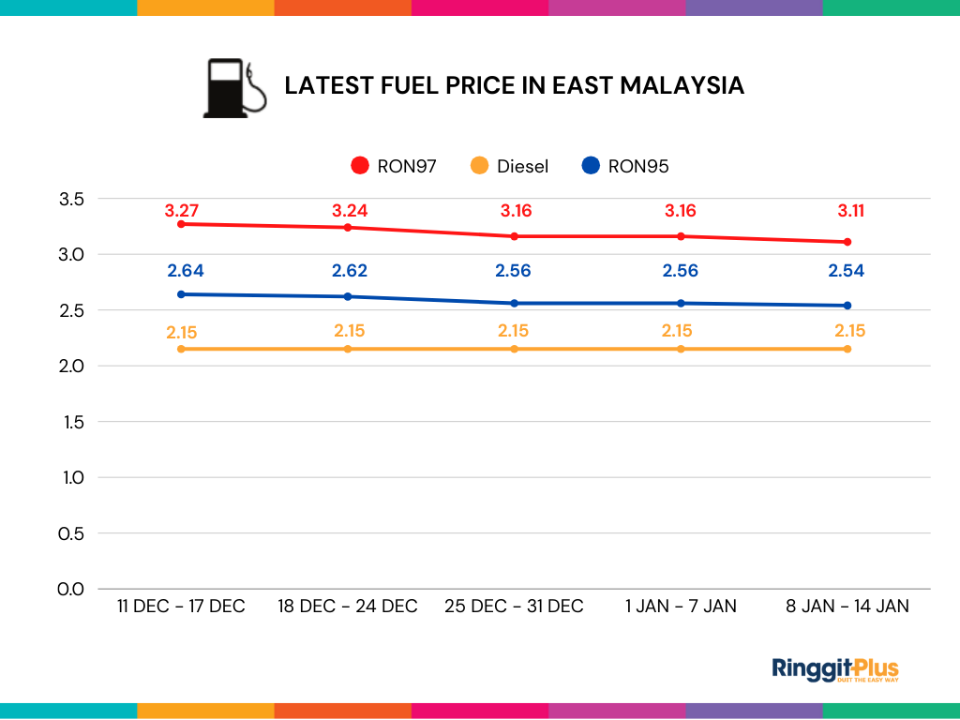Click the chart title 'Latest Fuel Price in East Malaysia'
(x=514, y=85)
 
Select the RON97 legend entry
(x=393, y=166)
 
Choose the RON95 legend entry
(x=624, y=166)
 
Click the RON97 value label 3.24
(x=349, y=210)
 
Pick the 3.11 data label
(x=846, y=210)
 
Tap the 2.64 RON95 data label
(x=185, y=271)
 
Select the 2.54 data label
(x=846, y=271)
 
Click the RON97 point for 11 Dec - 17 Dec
(x=181, y=224)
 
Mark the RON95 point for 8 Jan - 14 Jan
(x=847, y=306)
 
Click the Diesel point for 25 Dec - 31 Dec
(x=515, y=349)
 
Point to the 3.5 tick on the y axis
(x=72, y=199)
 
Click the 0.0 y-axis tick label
(x=72, y=589)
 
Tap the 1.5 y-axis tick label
(x=72, y=422)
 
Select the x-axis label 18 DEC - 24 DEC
(x=348, y=607)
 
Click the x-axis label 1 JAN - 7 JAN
(x=681, y=607)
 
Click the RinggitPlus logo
(x=835, y=669)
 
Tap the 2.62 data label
(x=349, y=271)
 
